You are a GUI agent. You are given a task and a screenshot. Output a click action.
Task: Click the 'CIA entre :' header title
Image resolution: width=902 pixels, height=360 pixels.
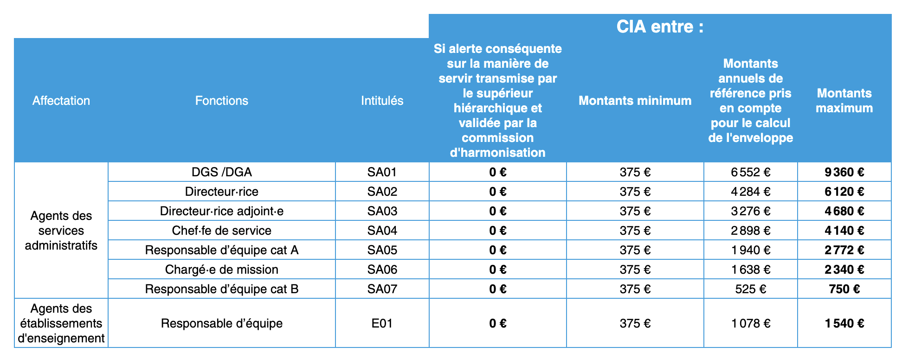(x=659, y=27)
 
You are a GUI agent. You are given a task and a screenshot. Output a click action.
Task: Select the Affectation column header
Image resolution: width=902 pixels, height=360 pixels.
(x=61, y=101)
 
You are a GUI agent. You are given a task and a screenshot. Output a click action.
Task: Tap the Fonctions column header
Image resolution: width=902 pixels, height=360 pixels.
(x=221, y=101)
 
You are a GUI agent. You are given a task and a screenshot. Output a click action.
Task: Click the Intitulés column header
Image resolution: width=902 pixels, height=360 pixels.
(x=382, y=101)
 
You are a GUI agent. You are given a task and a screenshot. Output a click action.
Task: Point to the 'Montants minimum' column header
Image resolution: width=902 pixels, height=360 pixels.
(x=635, y=101)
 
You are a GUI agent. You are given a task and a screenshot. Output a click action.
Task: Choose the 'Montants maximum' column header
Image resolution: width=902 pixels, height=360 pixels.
(x=844, y=101)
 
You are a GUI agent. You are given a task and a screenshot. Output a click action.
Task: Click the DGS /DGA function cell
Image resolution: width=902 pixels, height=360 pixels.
(x=221, y=172)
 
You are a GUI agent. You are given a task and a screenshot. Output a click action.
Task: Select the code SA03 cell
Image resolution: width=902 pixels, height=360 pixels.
(x=382, y=211)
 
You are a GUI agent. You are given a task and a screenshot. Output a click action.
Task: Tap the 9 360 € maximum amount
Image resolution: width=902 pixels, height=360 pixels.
(x=844, y=172)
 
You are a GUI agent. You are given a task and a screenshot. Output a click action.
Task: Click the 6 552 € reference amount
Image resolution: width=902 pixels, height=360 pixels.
(x=750, y=172)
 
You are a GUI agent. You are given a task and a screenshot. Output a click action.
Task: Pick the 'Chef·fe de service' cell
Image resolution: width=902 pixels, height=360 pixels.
(x=221, y=231)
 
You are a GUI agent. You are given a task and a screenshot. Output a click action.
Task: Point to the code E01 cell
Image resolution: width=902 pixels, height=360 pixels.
(x=382, y=323)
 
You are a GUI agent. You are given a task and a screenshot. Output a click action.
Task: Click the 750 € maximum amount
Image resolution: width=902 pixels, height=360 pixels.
(x=844, y=289)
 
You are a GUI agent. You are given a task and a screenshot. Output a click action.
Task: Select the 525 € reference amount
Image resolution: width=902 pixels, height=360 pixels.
(x=750, y=289)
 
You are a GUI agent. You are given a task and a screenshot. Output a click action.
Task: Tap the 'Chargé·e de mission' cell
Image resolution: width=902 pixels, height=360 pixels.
(x=221, y=270)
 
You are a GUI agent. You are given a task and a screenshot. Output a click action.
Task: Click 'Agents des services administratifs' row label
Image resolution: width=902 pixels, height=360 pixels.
(x=61, y=231)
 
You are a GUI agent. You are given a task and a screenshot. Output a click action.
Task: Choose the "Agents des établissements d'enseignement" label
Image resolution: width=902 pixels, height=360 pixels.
(x=61, y=323)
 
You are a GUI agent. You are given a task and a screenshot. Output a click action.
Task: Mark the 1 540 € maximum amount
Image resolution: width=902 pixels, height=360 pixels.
(x=844, y=323)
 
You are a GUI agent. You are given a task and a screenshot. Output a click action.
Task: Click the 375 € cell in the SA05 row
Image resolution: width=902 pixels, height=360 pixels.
(x=635, y=250)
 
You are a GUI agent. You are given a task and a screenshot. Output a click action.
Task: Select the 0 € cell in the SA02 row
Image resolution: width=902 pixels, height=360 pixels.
(x=497, y=192)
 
